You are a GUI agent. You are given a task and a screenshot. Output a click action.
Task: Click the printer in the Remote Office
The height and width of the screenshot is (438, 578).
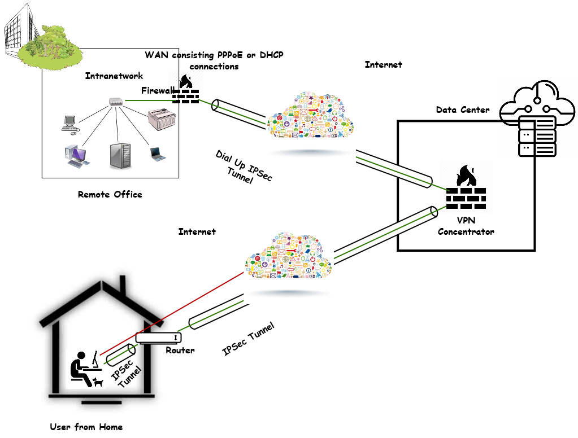(x=163, y=120)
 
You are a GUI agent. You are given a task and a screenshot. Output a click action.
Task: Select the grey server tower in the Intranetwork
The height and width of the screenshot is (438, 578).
(x=120, y=155)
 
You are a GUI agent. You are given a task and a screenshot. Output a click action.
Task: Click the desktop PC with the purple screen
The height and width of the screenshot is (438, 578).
(x=76, y=155)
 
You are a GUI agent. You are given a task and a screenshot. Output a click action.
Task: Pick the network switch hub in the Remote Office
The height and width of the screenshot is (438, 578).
(x=116, y=102)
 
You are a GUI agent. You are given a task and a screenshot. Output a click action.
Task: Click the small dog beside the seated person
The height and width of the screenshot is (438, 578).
(x=99, y=382)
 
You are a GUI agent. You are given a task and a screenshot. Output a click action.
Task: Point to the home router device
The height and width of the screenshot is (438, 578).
(x=159, y=338)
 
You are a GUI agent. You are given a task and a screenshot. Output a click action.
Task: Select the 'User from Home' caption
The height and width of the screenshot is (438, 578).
(x=86, y=427)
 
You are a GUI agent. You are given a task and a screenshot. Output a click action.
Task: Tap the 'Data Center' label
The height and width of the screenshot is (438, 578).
(x=462, y=110)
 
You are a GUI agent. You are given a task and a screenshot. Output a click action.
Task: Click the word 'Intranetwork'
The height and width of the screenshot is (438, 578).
(x=114, y=76)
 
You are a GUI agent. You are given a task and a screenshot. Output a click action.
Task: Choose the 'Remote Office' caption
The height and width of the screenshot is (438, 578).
(x=110, y=194)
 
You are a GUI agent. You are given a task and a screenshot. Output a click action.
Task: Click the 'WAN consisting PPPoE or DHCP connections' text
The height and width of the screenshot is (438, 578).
(x=214, y=60)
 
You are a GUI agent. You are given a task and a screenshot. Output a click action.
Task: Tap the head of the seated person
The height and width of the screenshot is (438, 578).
(x=82, y=356)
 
